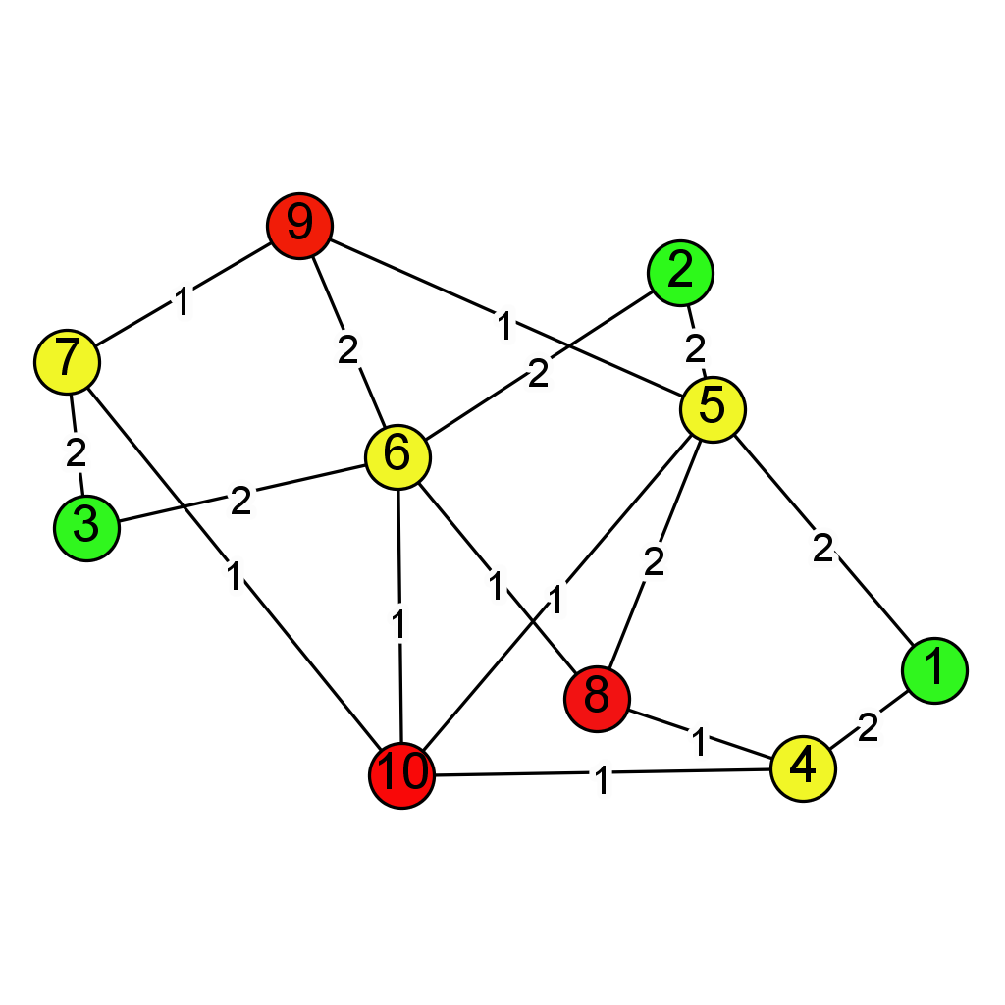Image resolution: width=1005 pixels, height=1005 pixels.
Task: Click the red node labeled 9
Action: pyautogui.click(x=299, y=225)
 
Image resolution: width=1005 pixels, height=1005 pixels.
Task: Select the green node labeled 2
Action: pyautogui.click(x=680, y=272)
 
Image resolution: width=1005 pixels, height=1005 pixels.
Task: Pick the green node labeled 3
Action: pyautogui.click(x=86, y=528)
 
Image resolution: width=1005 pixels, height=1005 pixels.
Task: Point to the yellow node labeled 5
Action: pyautogui.click(x=713, y=408)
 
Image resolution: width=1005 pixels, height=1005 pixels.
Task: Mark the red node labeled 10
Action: pyautogui.click(x=401, y=775)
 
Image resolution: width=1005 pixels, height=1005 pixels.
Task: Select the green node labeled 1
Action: pyautogui.click(x=934, y=669)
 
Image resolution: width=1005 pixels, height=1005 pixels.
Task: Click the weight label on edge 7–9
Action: pyautogui.click(x=182, y=302)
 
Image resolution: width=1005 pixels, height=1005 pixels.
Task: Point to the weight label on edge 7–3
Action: pyautogui.click(x=76, y=453)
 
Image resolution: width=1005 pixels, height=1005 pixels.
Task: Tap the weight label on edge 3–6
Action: pyautogui.click(x=240, y=501)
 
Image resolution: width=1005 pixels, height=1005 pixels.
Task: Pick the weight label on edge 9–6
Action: pyautogui.click(x=348, y=350)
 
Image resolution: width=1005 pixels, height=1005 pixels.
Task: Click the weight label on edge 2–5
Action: pyautogui.click(x=696, y=347)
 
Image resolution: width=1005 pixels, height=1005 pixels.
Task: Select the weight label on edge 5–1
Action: pyautogui.click(x=822, y=550)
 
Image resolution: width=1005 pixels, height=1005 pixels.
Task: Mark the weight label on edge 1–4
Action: pyautogui.click(x=868, y=727)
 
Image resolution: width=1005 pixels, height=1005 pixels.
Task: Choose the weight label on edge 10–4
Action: pyautogui.click(x=602, y=782)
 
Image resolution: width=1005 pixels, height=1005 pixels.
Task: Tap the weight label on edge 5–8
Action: pyautogui.click(x=654, y=561)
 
